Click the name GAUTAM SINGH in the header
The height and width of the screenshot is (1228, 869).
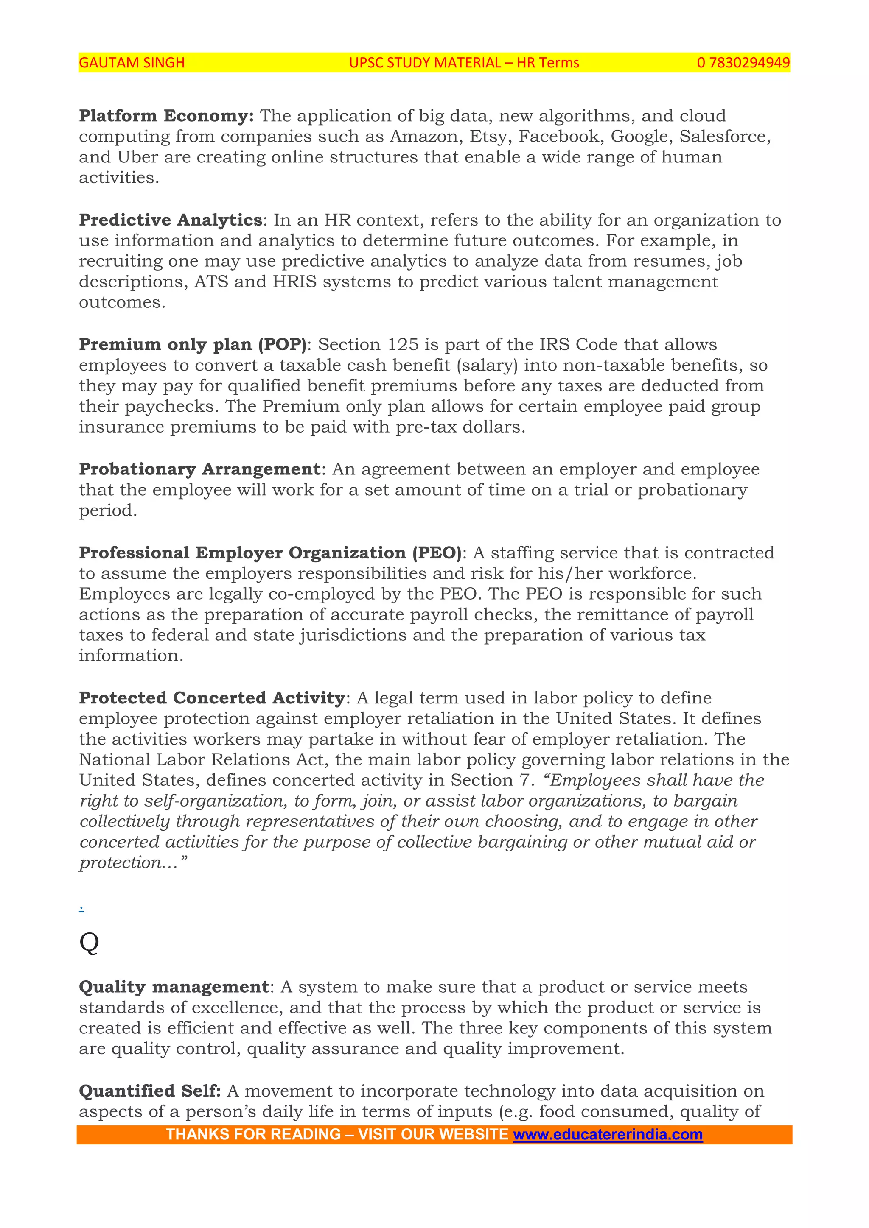[x=132, y=63]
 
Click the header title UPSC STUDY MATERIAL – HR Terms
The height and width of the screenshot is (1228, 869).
[x=463, y=63]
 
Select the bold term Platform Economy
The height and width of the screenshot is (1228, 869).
[x=166, y=116]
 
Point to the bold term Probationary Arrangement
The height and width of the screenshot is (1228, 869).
[x=199, y=469]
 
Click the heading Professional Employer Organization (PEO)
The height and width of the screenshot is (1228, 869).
[x=270, y=553]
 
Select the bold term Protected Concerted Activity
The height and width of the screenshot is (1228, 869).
[x=212, y=698]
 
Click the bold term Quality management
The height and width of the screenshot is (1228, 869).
[x=174, y=987]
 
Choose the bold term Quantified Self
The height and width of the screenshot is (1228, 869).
[x=149, y=1091]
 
